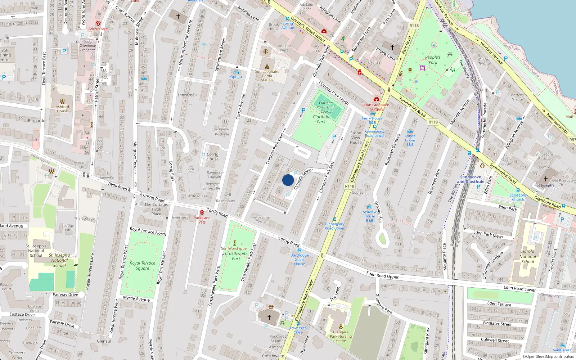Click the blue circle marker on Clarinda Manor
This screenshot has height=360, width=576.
coord(288,180)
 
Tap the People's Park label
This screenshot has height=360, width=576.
coord(432,60)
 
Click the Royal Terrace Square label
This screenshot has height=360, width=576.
coord(143,266)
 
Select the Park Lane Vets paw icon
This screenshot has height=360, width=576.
coord(202,212)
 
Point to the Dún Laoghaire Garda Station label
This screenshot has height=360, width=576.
coord(267,76)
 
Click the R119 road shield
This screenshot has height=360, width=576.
coord(433,122)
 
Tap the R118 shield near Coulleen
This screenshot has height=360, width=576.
coord(349,186)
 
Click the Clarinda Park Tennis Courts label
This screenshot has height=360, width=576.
coord(326,107)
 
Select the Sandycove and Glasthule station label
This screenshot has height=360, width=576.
coord(471,179)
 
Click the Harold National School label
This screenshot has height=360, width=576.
coord(528,256)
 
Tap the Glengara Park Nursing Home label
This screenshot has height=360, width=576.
coord(341,337)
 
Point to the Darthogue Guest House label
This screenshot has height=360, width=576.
coord(300,260)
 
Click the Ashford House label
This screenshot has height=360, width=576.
coord(62,109)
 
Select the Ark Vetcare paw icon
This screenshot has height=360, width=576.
coord(98,23)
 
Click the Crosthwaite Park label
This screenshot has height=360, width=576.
coord(236,256)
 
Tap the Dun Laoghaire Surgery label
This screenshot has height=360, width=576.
coord(377,107)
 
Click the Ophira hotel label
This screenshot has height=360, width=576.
coord(236,77)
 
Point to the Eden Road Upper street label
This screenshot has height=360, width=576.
coord(382,276)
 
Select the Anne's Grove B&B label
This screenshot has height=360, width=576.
coord(410,140)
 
